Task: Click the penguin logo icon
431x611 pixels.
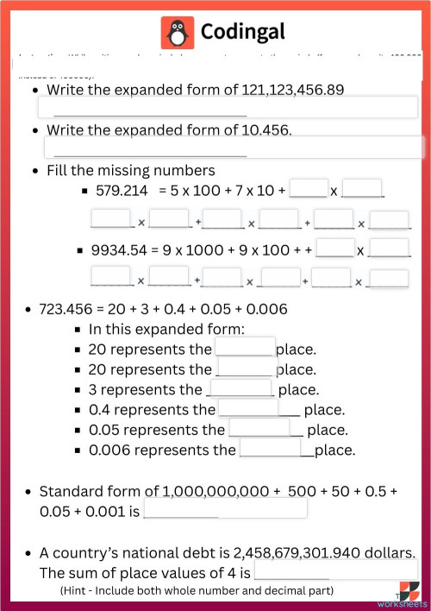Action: point(178,33)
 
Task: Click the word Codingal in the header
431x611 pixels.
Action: point(242,33)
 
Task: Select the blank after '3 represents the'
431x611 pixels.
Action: point(240,389)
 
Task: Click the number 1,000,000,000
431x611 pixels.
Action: point(215,491)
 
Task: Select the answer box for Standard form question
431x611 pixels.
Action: point(225,509)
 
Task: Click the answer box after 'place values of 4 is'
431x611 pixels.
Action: point(336,570)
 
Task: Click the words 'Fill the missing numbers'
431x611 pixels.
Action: point(131,170)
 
